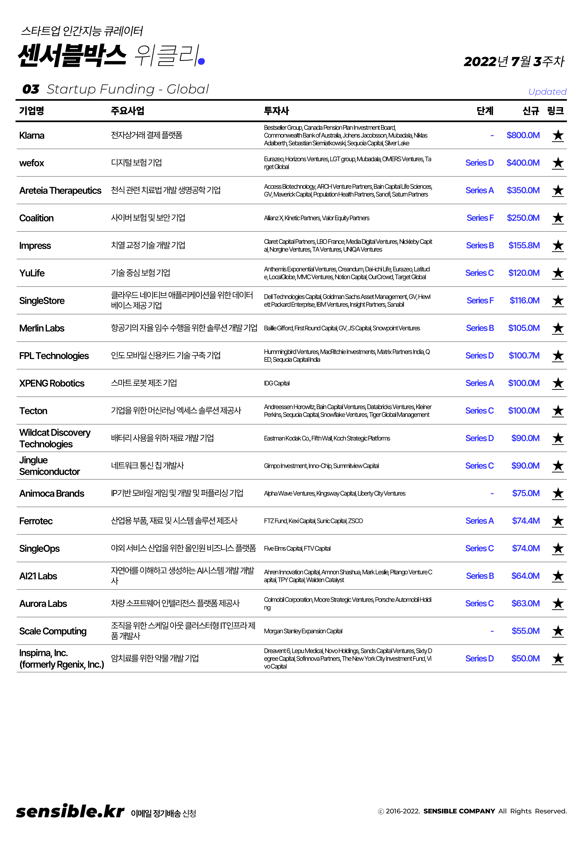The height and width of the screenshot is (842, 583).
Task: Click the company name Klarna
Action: pyautogui.click(x=32, y=135)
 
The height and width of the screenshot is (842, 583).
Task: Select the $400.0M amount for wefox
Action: pyautogui.click(x=523, y=163)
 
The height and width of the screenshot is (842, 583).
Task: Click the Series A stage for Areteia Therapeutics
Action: pyautogui.click(x=479, y=190)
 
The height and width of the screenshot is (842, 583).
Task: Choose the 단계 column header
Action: pyautogui.click(x=485, y=111)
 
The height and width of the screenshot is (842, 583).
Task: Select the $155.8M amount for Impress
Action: pyautogui.click(x=524, y=245)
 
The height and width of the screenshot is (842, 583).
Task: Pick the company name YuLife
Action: pyautogui.click(x=32, y=273)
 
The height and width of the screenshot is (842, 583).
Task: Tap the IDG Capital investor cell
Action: pyautogui.click(x=277, y=383)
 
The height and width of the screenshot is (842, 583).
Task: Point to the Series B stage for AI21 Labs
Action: pyautogui.click(x=480, y=576)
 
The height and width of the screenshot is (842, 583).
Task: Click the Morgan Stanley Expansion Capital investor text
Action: pyautogui.click(x=303, y=631)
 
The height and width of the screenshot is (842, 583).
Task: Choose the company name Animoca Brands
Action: pyautogui.click(x=52, y=493)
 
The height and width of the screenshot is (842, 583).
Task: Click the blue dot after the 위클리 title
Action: pyautogui.click(x=201, y=62)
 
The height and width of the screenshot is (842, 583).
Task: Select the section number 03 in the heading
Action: pyautogui.click(x=31, y=89)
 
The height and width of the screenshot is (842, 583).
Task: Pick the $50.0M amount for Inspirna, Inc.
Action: pyautogui.click(x=525, y=658)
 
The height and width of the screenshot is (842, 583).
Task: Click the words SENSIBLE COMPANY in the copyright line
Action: pyautogui.click(x=459, y=811)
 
